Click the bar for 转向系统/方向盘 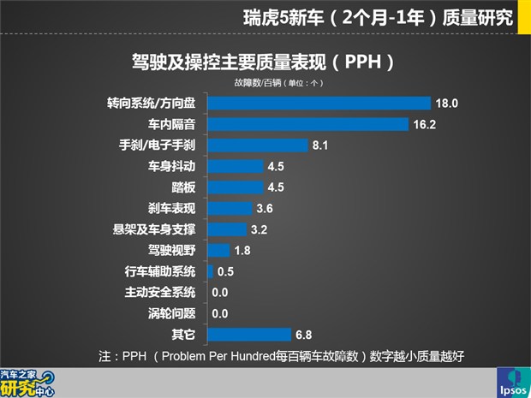click(x=319, y=104)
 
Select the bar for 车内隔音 click(x=308, y=124)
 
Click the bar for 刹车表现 click(x=230, y=208)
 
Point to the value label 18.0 click(x=449, y=104)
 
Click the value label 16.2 click(x=426, y=124)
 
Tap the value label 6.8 click(x=305, y=334)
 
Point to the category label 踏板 click(x=183, y=187)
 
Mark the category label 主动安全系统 click(x=160, y=292)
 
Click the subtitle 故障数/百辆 click(x=256, y=83)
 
